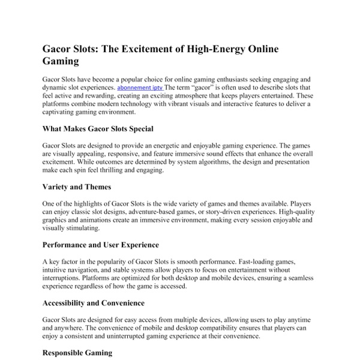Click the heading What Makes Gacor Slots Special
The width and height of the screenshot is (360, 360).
coord(98,128)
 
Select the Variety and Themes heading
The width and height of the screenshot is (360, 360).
coord(77,187)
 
